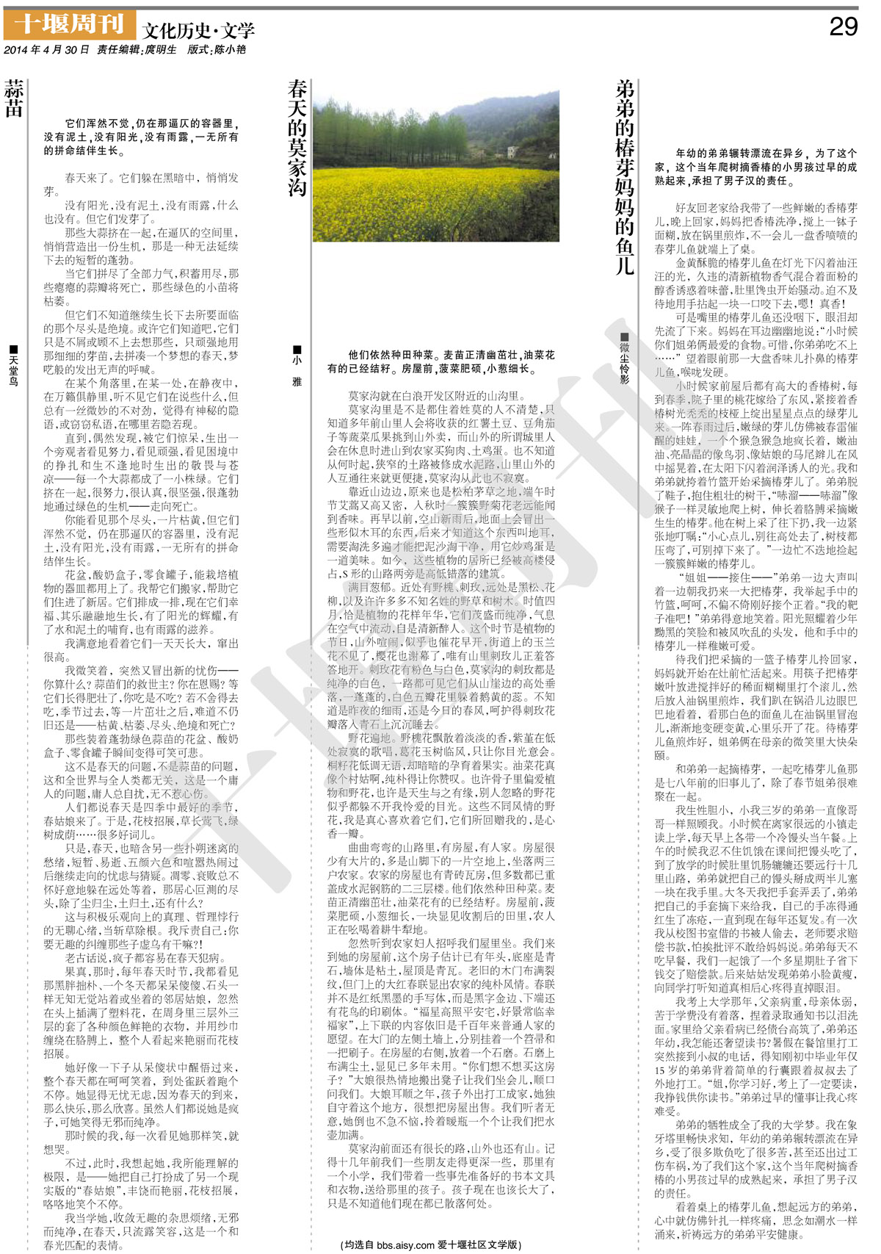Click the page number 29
pyautogui.click(x=843, y=26)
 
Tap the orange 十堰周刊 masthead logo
pyautogui.click(x=70, y=25)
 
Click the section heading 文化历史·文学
pyautogui.click(x=198, y=30)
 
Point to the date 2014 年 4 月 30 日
pyautogui.click(x=46, y=50)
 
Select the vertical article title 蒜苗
pyautogui.click(x=14, y=99)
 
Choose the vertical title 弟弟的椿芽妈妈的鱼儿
pyautogui.click(x=625, y=177)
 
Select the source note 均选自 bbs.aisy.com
pyautogui.click(x=431, y=1244)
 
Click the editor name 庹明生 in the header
pyautogui.click(x=161, y=50)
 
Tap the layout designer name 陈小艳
pyautogui.click(x=229, y=50)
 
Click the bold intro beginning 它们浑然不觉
pyautogui.click(x=141, y=137)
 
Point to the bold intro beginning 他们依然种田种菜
pyautogui.click(x=440, y=361)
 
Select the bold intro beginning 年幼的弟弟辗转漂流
pyautogui.click(x=755, y=167)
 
